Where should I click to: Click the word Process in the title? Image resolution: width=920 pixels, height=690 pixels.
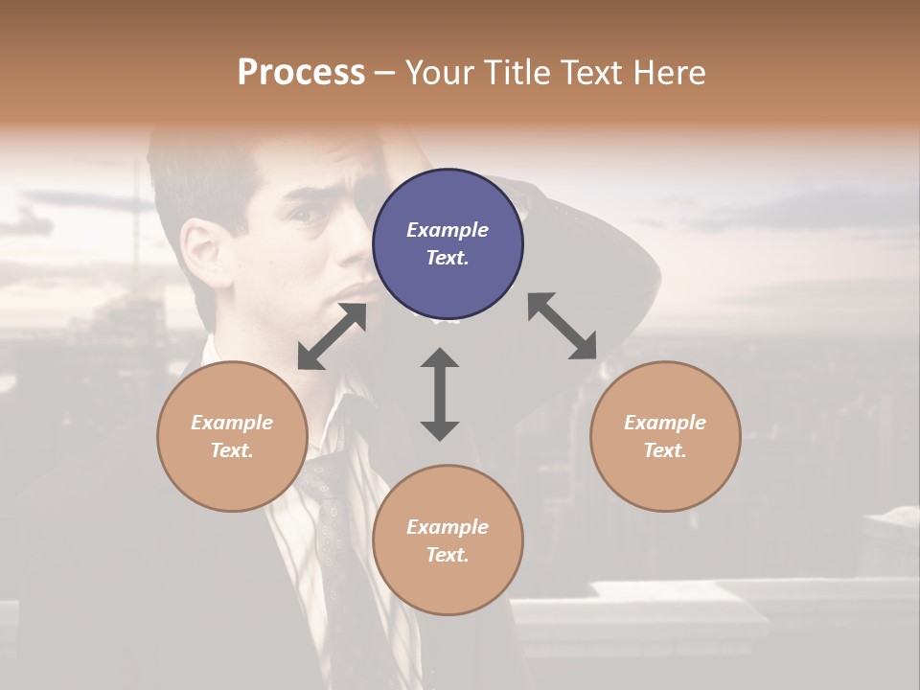point(301,73)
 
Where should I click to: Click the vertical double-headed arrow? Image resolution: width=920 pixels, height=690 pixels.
point(440,394)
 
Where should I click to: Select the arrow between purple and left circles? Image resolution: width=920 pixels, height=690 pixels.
point(332,336)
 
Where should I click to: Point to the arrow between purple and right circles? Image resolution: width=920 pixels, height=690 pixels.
point(563,326)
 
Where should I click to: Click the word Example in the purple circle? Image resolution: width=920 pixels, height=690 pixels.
point(448,230)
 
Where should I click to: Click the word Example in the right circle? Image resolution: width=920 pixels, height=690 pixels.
point(665,423)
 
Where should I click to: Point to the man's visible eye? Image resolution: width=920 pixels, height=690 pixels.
point(310,214)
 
